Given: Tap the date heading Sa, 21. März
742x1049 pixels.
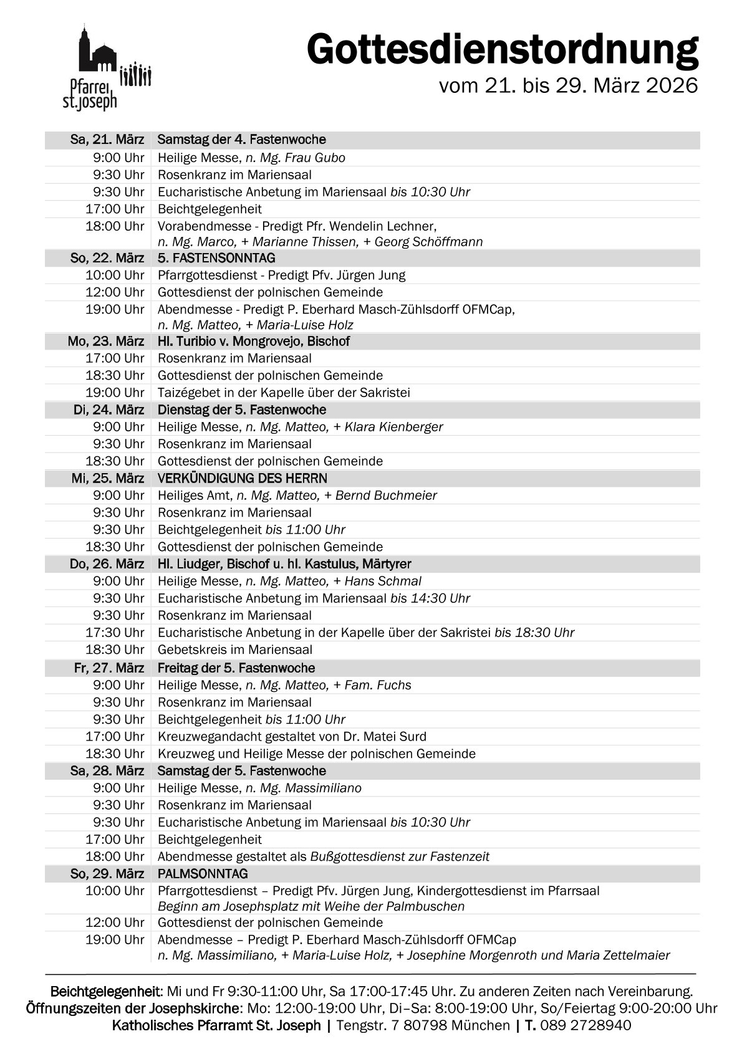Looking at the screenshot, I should click(107, 140).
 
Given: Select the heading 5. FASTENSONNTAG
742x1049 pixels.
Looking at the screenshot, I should click(216, 258).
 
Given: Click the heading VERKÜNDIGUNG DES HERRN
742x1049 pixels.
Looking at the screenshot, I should click(243, 478).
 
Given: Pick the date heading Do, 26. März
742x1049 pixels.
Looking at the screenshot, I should click(107, 564).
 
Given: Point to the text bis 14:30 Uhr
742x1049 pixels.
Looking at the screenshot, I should click(430, 598).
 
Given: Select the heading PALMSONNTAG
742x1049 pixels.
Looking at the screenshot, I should click(203, 874).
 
